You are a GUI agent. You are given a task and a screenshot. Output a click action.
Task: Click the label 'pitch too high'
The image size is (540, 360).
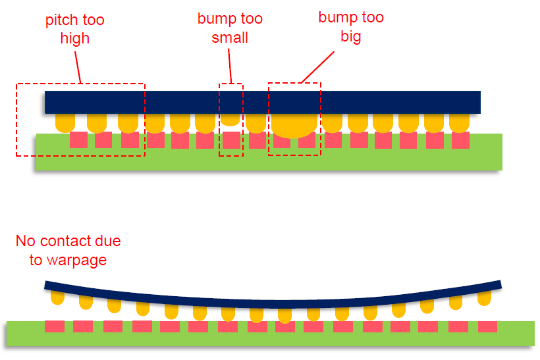coord(74,30)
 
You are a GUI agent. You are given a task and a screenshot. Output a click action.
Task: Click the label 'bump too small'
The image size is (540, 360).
coord(230,28)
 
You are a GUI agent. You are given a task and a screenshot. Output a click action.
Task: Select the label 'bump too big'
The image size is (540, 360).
coord(350,27)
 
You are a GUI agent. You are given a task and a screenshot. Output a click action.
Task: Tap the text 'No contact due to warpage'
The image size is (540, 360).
coord(68,250)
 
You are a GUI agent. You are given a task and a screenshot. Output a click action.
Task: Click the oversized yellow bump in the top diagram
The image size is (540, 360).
coord(294,125)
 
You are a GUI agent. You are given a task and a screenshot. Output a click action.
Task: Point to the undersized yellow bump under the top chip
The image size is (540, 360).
coord(230,119)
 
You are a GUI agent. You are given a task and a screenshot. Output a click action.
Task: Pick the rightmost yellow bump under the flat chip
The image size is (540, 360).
coord(459,122)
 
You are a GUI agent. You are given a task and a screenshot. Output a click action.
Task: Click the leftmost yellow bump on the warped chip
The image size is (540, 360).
coord(58,297)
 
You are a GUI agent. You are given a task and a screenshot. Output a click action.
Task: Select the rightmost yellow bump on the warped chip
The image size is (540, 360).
coord(485,298)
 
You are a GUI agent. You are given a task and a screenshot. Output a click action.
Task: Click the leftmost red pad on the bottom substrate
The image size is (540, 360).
coord(55,326)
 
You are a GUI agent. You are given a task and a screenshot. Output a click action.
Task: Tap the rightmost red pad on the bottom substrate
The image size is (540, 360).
coord(487,326)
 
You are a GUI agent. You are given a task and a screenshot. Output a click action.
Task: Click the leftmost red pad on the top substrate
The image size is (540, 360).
coord(78,140)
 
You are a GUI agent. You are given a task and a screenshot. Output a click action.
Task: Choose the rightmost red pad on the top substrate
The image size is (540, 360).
coord(460,140)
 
